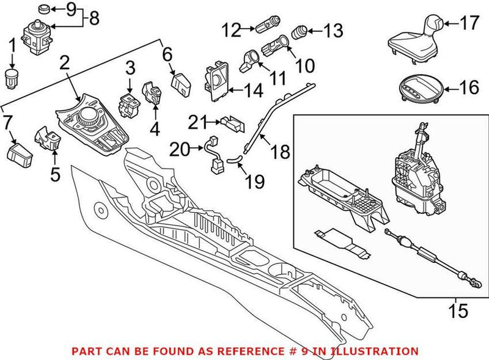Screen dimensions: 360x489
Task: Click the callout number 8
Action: click(94, 18)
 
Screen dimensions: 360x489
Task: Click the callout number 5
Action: click(55, 175)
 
